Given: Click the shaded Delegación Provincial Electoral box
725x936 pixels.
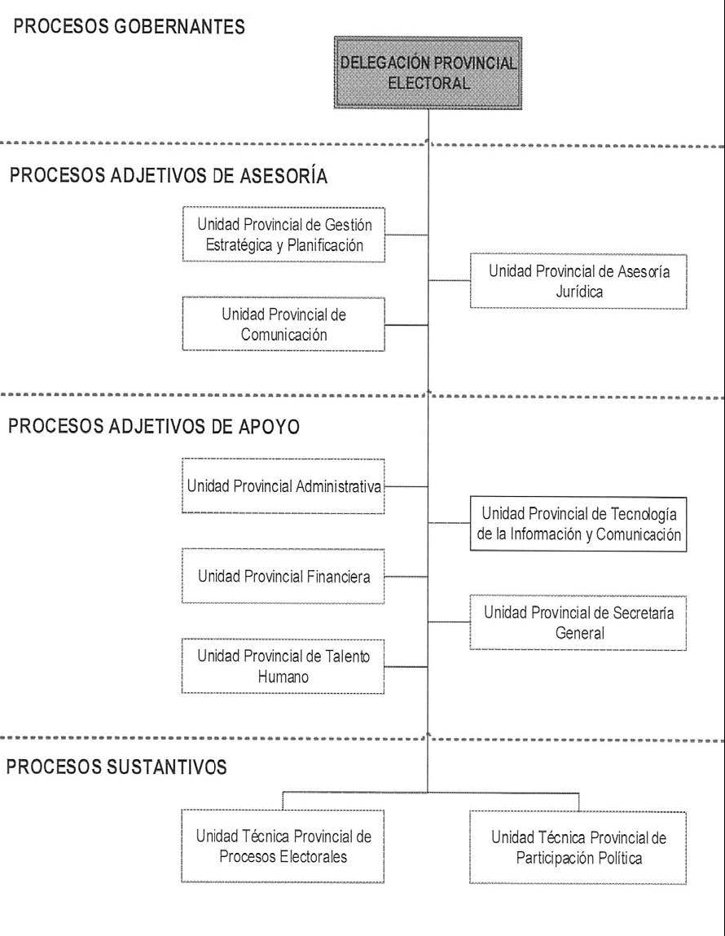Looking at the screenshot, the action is coord(428,73).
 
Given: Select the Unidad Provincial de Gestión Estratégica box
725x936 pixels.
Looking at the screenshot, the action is coord(283,235).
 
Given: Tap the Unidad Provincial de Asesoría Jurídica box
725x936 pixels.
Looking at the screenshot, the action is coord(578,281).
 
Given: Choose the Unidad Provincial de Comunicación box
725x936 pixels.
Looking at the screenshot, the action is coord(283,324).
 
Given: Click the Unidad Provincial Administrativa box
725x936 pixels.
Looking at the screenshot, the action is coord(283,486).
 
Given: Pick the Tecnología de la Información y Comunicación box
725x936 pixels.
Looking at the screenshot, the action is coord(578,524).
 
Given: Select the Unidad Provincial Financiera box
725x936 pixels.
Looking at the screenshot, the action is coord(283,576).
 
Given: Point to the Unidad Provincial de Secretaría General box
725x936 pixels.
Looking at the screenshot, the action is coord(578,622).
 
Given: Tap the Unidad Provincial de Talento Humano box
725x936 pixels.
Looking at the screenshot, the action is coord(283,666).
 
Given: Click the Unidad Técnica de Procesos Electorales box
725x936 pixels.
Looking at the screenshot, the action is coord(283,846).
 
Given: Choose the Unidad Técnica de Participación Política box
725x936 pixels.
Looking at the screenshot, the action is coord(578,848).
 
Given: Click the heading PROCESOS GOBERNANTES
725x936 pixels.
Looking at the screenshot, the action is coord(129,27).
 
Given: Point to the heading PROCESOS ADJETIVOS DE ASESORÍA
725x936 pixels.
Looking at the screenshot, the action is coord(169,175).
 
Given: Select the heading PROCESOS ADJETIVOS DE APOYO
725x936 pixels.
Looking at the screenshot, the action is coord(154,426).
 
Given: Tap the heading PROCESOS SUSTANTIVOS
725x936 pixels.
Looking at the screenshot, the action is coord(116,767).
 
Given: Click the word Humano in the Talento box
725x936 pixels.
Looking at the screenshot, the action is coord(283,677).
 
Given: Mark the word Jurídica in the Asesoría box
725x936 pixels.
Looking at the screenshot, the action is coord(579,292).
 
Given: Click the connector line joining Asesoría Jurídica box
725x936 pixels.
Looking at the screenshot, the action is coord(450,280).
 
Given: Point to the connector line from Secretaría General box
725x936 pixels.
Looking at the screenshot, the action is coord(450,622).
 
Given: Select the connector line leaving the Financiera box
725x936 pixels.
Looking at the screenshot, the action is coord(406,577).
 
